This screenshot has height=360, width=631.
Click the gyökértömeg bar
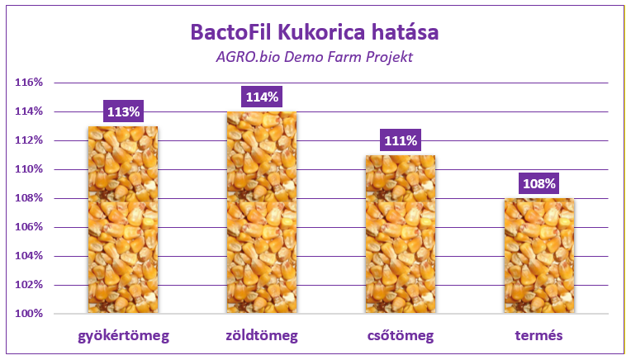123,220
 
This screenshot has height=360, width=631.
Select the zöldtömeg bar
262,212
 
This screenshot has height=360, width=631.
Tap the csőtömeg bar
401,234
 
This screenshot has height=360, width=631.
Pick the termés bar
539,256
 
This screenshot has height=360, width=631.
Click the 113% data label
124,111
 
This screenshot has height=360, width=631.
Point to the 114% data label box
262,97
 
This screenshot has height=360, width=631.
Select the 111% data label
401,140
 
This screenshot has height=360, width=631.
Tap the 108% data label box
539,183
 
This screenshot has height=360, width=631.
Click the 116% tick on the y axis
29,83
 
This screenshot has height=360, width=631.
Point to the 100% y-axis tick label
29,313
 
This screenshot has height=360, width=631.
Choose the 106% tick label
29,227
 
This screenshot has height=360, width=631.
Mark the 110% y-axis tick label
29,169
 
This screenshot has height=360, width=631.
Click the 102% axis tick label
29,284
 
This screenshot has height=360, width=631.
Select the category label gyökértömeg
124,336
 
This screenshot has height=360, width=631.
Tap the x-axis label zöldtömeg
262,336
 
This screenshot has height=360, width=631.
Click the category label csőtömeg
401,336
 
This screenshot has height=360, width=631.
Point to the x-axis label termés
538,335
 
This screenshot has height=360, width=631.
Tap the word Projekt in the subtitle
389,57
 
